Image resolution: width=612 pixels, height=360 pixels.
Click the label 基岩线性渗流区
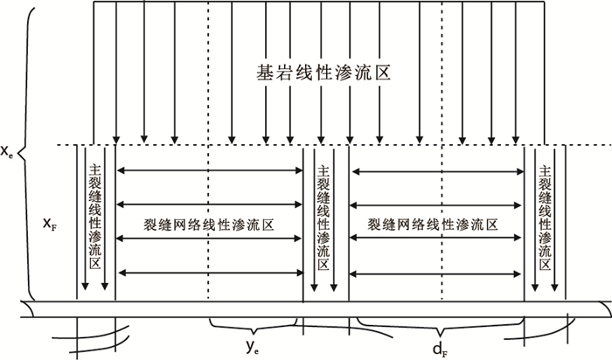323,76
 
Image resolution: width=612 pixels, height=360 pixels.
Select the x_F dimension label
51,224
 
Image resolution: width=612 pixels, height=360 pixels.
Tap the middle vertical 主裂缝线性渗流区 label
324,218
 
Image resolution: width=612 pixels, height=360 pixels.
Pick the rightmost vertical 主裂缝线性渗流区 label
546,218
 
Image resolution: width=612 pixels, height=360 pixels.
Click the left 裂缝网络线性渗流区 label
209,225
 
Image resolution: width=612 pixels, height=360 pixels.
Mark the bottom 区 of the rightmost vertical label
546,264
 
